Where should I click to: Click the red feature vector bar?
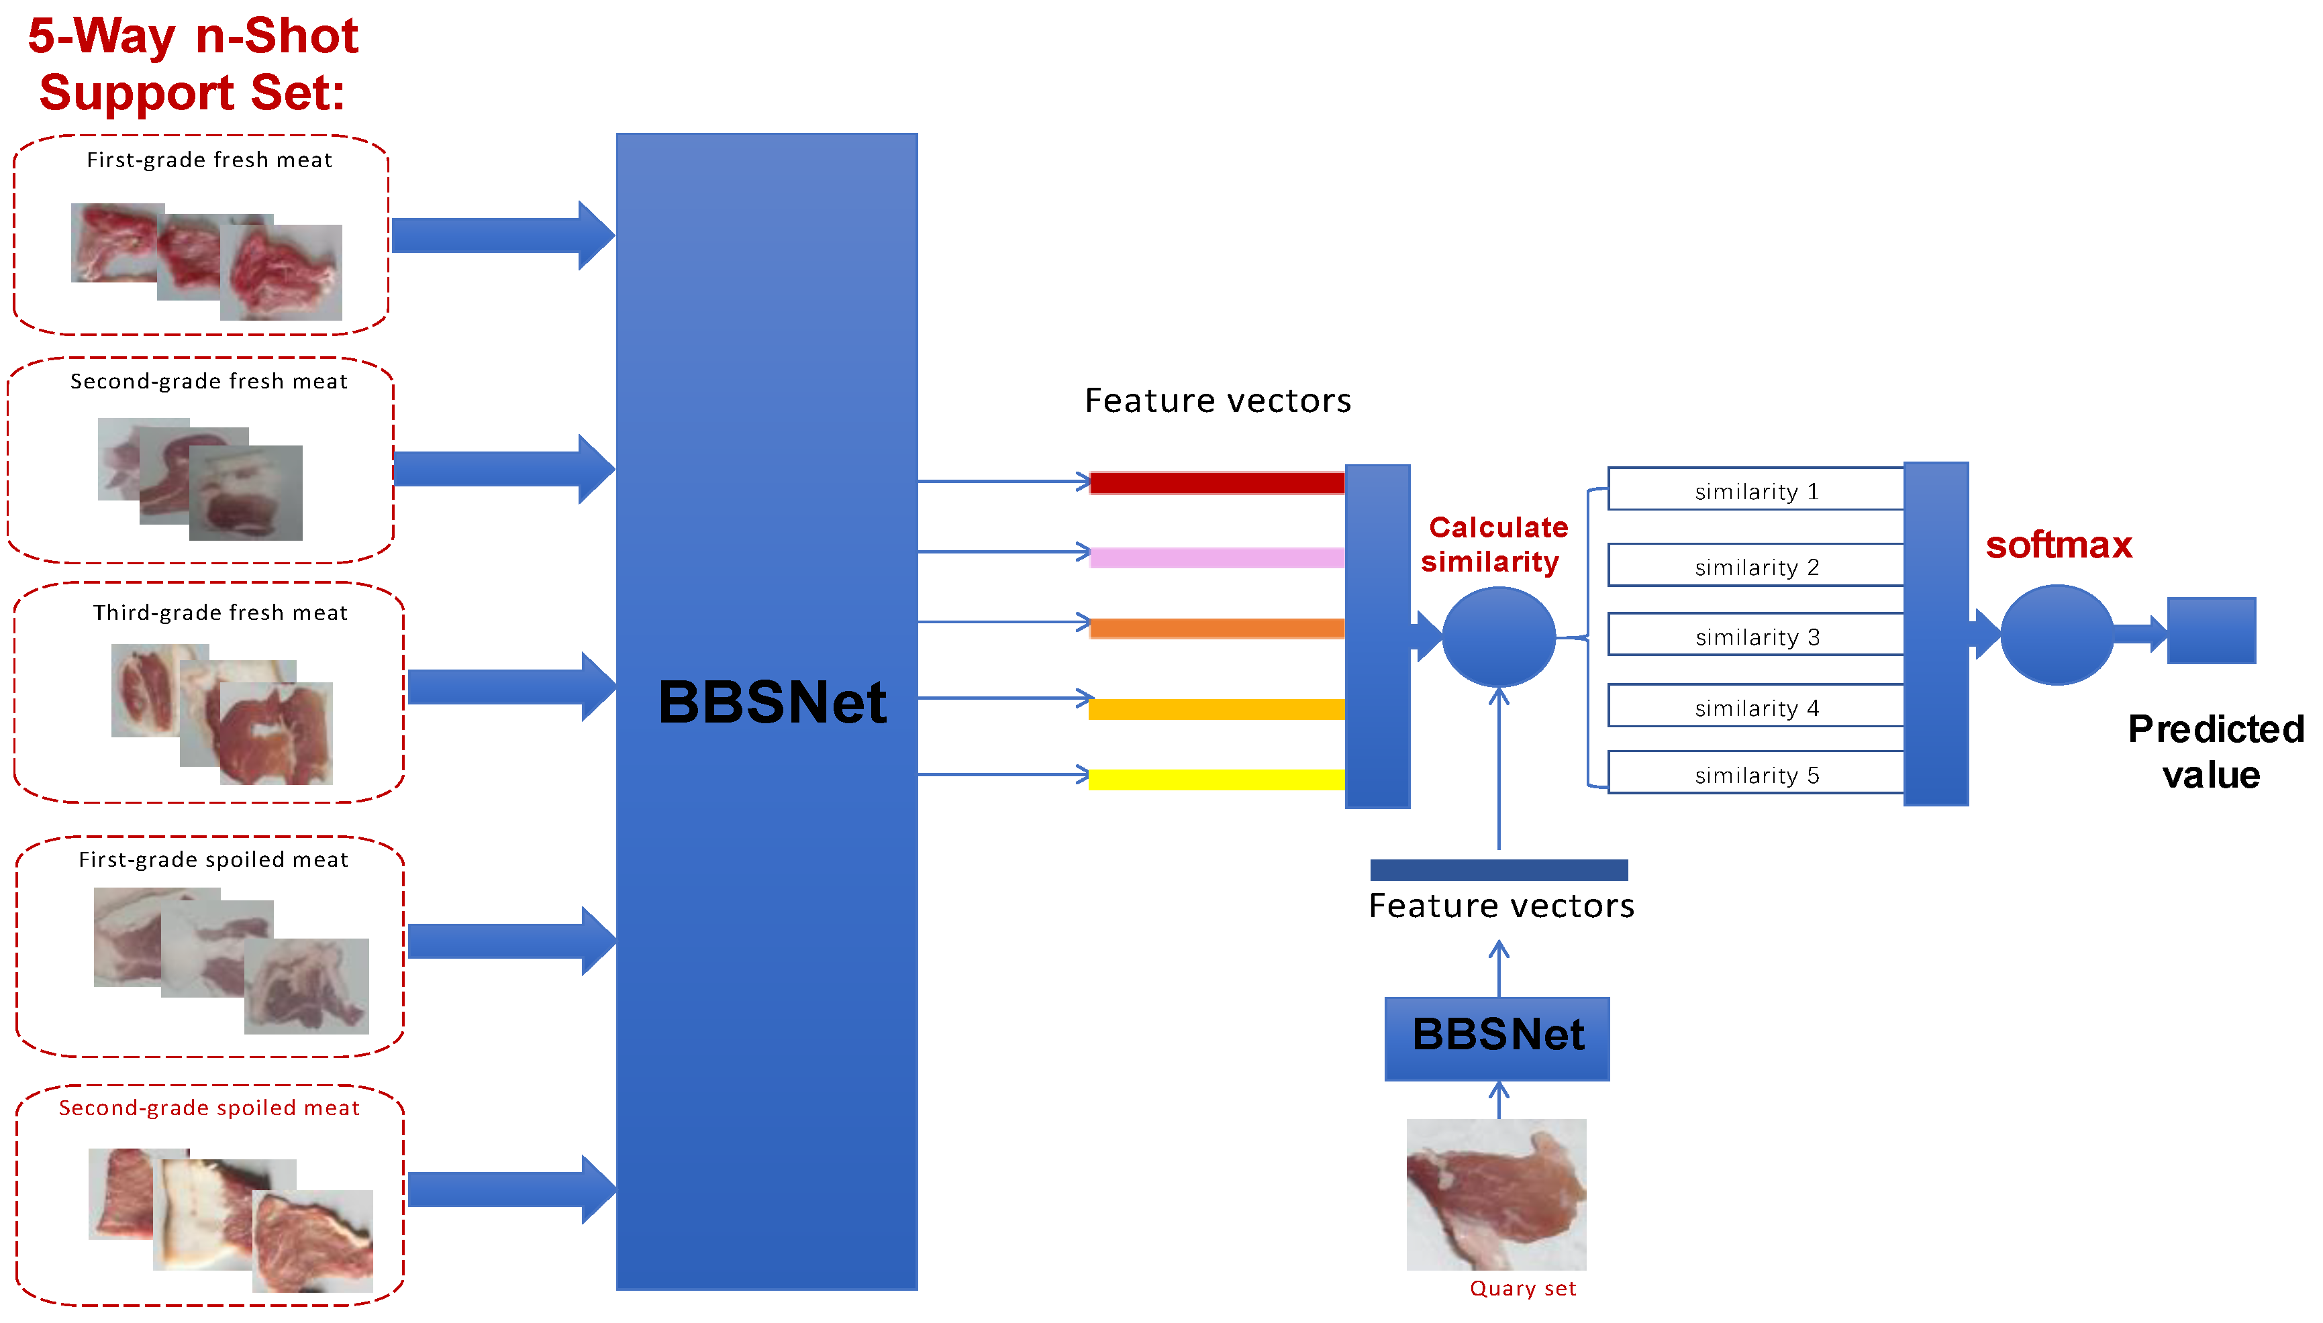point(1216,482)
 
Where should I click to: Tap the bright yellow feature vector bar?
point(1216,779)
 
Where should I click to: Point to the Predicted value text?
point(2214,751)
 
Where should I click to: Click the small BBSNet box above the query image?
point(1497,1038)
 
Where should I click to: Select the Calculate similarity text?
point(1495,544)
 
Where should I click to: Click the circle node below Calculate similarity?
point(1498,637)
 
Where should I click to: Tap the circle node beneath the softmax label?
point(2056,634)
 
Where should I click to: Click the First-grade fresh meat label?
point(209,160)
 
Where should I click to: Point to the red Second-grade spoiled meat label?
point(209,1107)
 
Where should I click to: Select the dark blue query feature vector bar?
point(1498,869)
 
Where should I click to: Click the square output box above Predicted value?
point(2210,631)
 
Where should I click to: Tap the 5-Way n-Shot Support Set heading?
point(193,64)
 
